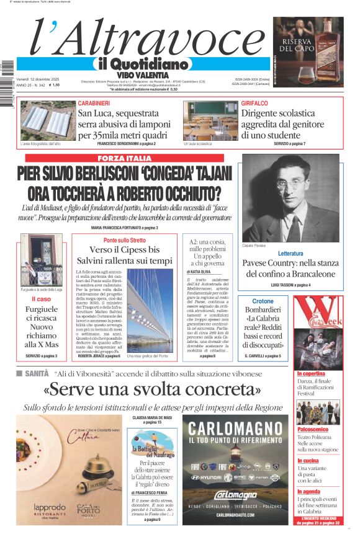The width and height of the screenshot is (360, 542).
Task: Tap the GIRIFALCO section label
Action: tap(255, 103)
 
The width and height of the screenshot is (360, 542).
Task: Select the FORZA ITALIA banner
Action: tap(124, 159)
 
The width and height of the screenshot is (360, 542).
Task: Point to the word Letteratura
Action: tap(290, 254)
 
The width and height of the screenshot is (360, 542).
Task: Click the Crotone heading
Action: tap(263, 301)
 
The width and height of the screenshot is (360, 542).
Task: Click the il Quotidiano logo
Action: tap(142, 64)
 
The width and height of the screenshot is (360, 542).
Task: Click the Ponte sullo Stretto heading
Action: tap(125, 240)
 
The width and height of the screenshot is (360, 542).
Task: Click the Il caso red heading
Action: tap(42, 300)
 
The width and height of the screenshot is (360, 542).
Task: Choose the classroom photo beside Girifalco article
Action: tap(210, 122)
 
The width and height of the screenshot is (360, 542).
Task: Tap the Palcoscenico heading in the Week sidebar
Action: tap(312, 429)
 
